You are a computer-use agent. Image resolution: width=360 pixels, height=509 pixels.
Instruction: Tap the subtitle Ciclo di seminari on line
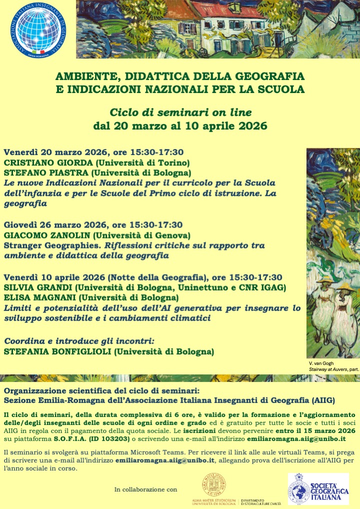tap(180, 112)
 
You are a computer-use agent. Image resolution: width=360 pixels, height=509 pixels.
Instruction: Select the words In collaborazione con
tap(145, 489)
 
